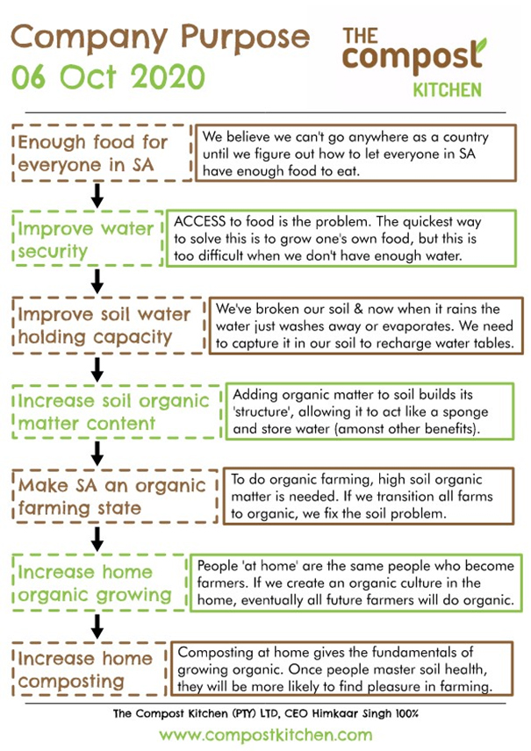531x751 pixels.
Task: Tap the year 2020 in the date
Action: pos(168,77)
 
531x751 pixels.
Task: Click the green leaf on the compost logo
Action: pos(480,46)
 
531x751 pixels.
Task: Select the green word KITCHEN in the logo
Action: pos(447,90)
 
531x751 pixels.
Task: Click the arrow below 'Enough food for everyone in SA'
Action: pos(97,196)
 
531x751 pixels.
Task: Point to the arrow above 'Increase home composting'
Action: pos(97,626)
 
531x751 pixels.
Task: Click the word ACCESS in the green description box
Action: pos(199,221)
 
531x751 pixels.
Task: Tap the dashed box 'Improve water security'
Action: pos(87,239)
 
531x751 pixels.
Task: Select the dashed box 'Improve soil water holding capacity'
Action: pos(109,325)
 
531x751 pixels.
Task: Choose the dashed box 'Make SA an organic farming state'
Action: pos(115,496)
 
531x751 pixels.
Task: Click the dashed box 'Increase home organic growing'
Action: pos(98,583)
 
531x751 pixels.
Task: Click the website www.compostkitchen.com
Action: pos(265,735)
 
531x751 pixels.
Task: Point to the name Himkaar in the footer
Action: pos(335,713)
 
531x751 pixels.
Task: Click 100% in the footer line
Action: pos(407,713)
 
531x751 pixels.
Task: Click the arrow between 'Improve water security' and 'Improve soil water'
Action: pos(97,282)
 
